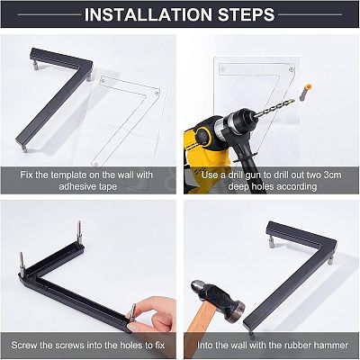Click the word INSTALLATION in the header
tap(148, 14)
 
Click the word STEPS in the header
tap(247, 14)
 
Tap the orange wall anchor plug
tap(306, 92)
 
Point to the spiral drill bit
tap(274, 108)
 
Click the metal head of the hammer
tap(218, 300)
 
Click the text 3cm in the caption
tap(332, 175)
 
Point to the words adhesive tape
tap(88, 186)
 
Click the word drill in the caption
tap(237, 175)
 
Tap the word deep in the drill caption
tap(239, 187)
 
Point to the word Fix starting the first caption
tap(26, 175)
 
